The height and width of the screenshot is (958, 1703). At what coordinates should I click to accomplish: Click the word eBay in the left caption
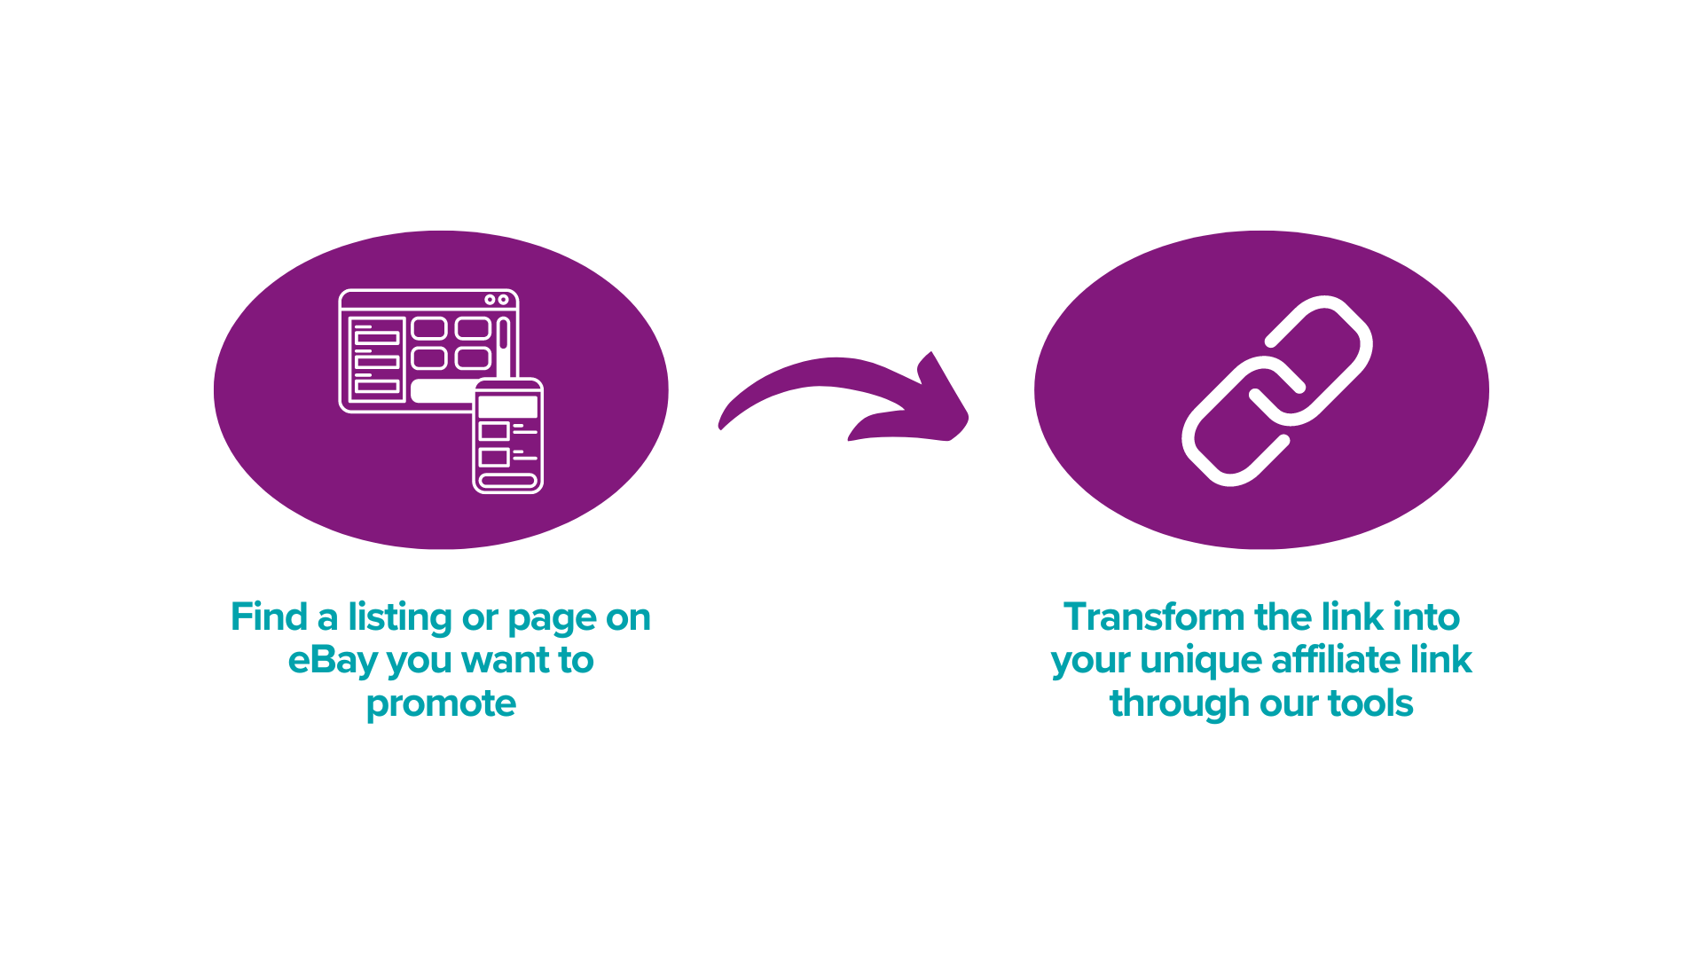point(334,661)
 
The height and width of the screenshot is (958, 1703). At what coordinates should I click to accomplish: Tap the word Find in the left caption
point(269,617)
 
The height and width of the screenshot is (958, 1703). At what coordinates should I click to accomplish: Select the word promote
point(441,704)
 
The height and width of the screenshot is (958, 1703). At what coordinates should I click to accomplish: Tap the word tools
point(1370,704)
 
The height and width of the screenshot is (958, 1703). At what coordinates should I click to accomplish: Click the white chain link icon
point(1277,390)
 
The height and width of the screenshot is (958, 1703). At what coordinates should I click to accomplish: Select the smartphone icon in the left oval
point(507,436)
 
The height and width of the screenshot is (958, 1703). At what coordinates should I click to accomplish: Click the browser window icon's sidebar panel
point(377,359)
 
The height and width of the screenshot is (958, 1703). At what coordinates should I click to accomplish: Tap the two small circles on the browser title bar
point(496,300)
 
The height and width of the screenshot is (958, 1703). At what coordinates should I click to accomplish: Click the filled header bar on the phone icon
point(507,406)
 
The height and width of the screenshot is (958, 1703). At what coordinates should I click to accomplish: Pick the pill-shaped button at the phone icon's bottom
point(507,481)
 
